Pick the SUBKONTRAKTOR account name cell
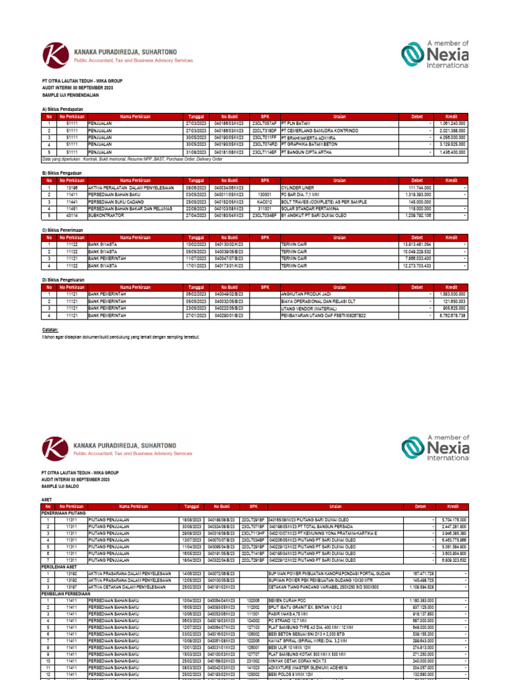[106, 216]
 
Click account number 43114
[72, 216]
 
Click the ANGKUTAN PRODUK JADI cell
[306, 294]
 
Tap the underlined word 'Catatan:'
[50, 329]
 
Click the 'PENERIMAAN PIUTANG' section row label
[64, 513]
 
